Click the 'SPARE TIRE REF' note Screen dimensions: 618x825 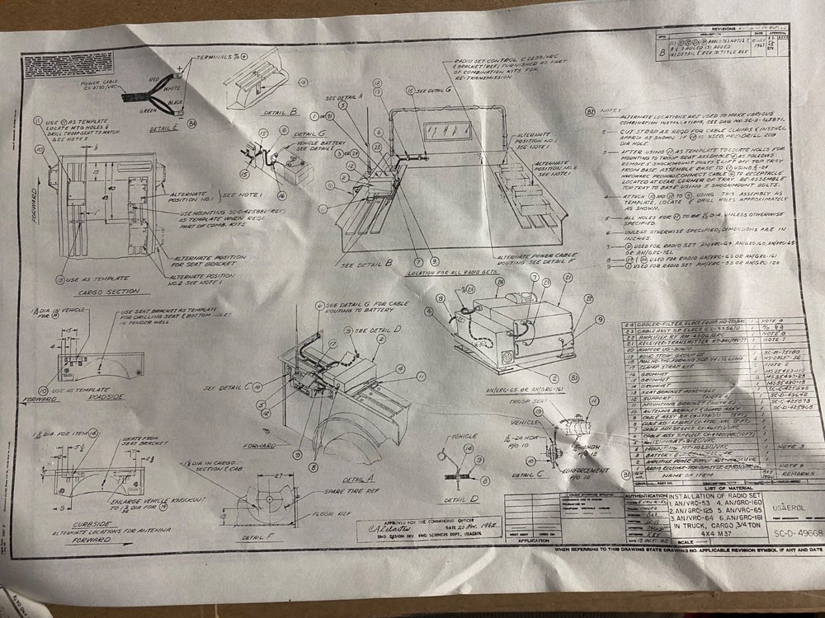pos(340,491)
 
